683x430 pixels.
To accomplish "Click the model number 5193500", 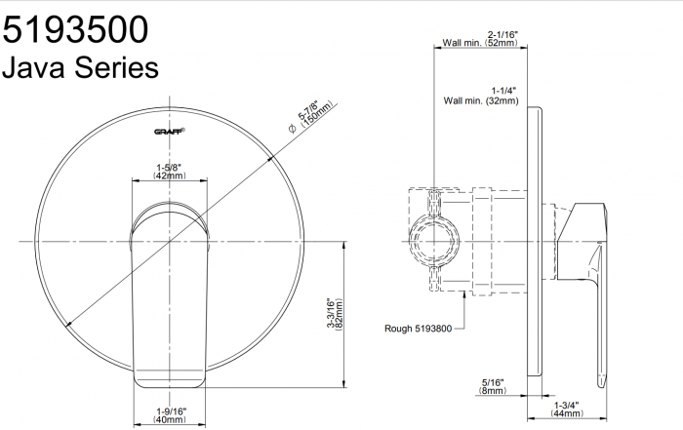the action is (75, 29).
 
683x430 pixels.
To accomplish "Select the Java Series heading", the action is (80, 68).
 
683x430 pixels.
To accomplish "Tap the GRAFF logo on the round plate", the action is (170, 131).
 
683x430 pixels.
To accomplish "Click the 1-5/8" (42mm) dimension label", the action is (169, 172).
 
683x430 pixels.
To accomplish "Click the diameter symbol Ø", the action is (293, 128).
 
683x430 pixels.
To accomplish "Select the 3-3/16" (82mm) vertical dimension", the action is (336, 314).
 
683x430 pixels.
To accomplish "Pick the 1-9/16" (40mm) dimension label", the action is (170, 415).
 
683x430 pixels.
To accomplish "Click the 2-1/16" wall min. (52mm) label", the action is (480, 39).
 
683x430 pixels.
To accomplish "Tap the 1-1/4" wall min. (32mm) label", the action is (481, 96).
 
